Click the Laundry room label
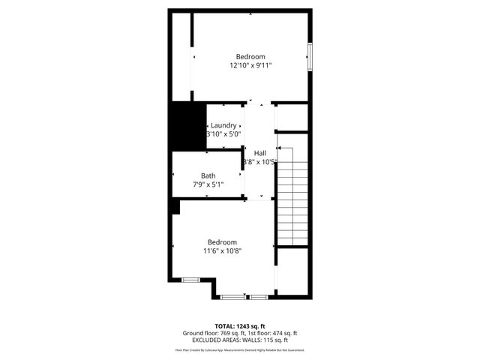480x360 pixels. tap(223, 125)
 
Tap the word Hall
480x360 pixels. tap(259, 153)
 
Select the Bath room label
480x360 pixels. tap(208, 175)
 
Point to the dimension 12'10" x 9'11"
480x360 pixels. tap(250, 66)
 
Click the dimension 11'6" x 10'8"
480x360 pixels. tap(222, 251)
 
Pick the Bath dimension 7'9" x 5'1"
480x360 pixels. tap(208, 184)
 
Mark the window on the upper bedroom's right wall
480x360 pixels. tap(310, 58)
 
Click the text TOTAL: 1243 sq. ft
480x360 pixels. tap(240, 325)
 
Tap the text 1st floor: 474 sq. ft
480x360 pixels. tap(273, 333)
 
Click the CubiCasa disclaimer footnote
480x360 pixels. tap(240, 350)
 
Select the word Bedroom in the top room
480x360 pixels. tap(250, 57)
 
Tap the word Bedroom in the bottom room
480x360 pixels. tap(222, 242)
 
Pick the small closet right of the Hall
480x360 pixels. tap(292, 118)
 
